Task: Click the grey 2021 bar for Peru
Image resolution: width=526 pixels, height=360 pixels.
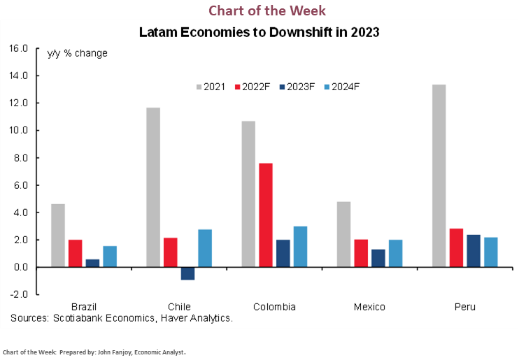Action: point(439,176)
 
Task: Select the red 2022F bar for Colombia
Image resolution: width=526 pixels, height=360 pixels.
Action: point(266,215)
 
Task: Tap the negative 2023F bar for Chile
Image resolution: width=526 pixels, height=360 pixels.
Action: point(187,273)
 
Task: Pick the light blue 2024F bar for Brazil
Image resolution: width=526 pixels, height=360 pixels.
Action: point(110,257)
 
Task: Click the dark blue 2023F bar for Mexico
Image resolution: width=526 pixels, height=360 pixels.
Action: point(378,258)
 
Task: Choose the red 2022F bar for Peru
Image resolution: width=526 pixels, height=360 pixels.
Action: point(457,247)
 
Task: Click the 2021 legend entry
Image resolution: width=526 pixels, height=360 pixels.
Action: point(209,87)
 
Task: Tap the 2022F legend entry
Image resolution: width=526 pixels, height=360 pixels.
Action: point(254,87)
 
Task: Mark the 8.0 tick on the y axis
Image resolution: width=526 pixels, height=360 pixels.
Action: point(19,158)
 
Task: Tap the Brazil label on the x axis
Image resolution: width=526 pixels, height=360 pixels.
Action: point(84,307)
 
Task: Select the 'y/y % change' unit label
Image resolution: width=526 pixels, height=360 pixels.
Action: point(77,53)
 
